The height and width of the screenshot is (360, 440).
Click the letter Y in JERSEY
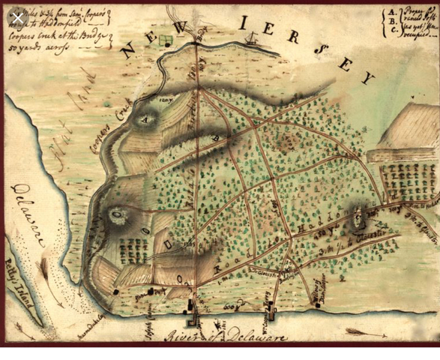(x=367, y=78)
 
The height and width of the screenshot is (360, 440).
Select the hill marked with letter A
(x=145, y=117)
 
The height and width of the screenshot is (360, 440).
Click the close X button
(x=16, y=16)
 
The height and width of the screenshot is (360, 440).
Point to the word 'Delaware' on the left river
(x=28, y=217)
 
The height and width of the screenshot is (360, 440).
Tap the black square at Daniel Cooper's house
(x=116, y=292)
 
